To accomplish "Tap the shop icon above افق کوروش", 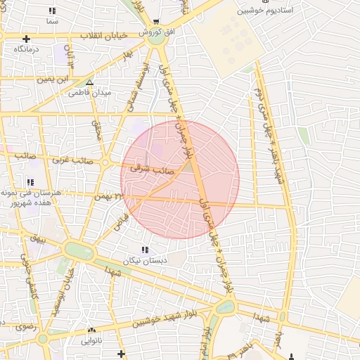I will (156, 22).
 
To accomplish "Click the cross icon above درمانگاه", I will (26, 39).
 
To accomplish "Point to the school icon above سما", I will (51, 11).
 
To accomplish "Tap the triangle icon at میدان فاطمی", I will (89, 82).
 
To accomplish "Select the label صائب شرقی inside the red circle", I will (153, 169).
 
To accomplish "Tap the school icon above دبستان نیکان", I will (145, 250).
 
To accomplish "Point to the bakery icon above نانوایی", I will (91, 330).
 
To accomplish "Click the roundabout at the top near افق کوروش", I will (156, 39).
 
